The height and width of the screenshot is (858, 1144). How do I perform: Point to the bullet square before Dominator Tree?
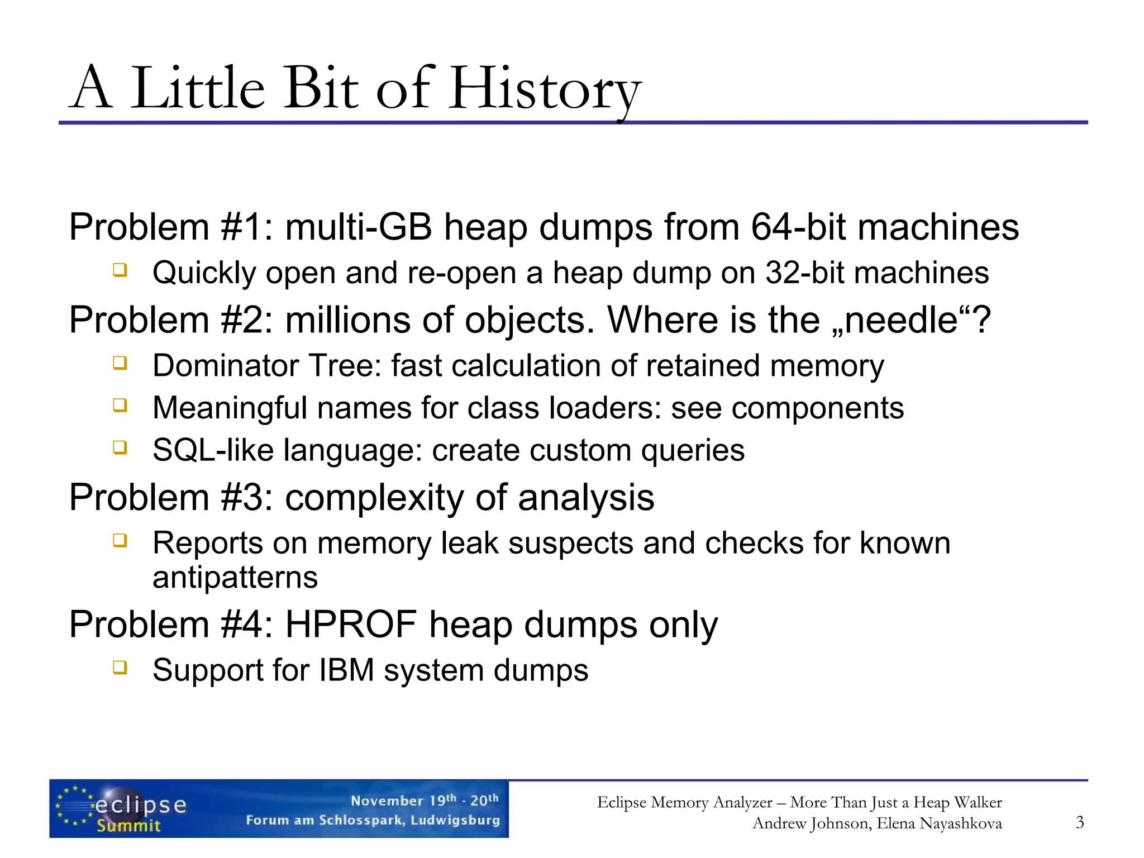coord(120,363)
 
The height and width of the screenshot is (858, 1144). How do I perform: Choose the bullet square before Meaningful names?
coord(120,405)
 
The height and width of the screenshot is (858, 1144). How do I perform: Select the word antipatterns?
coord(235,578)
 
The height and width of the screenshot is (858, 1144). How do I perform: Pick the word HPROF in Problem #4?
coord(351,625)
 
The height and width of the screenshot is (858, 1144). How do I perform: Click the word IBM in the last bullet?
coord(346,670)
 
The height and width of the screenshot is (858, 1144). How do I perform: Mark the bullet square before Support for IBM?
coord(120,668)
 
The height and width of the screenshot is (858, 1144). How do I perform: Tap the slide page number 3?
coord(1079,822)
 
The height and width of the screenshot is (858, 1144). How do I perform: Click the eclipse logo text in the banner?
coord(141,805)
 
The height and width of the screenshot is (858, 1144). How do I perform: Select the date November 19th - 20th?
coord(425,800)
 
